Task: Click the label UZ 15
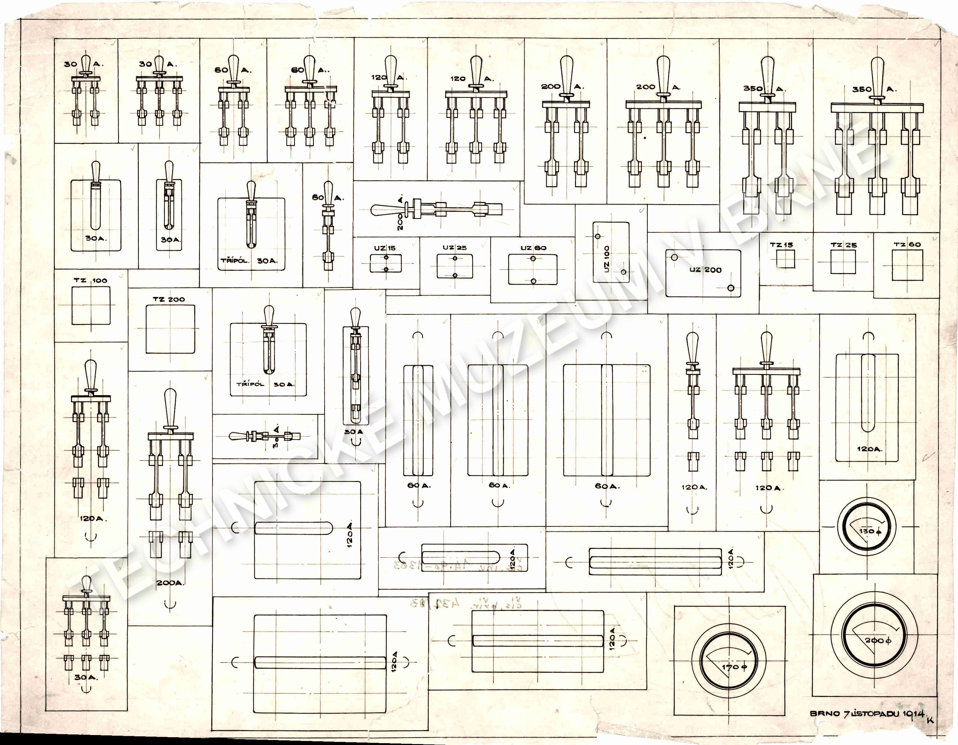pos(385,248)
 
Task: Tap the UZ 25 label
pos(454,247)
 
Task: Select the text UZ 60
pos(533,248)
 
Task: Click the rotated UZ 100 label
pos(607,259)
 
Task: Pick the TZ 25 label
pos(843,245)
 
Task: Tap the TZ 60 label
pos(907,244)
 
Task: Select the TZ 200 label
pos(169,299)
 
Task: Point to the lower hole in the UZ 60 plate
pos(533,281)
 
